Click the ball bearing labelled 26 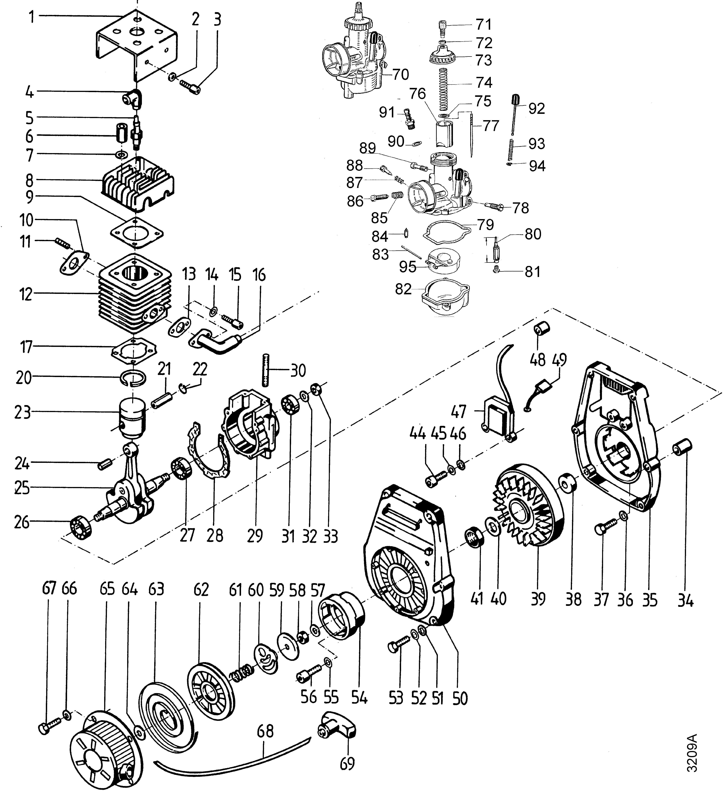pyautogui.click(x=81, y=526)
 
